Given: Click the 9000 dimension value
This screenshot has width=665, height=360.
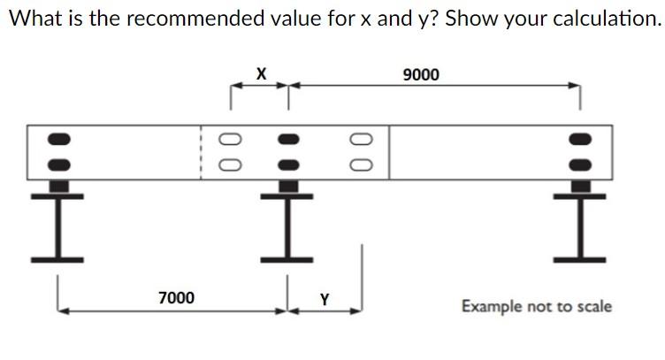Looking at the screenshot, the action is click(420, 75).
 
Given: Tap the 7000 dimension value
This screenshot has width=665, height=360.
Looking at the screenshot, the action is click(177, 298).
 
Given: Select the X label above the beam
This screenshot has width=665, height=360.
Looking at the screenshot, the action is click(261, 73).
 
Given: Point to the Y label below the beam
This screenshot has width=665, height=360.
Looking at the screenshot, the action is click(325, 299).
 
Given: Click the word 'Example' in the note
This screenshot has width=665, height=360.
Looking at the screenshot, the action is click(492, 307).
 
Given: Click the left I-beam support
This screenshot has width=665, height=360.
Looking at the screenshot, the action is click(57, 225).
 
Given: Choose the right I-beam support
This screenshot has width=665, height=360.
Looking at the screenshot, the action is click(580, 225).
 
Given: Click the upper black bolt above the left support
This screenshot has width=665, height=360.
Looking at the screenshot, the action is click(57, 140).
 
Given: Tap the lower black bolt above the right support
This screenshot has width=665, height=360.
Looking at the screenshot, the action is click(580, 164).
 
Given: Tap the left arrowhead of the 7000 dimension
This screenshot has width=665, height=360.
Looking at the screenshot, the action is click(61, 310).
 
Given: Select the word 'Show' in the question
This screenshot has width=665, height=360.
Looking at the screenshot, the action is click(471, 19).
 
